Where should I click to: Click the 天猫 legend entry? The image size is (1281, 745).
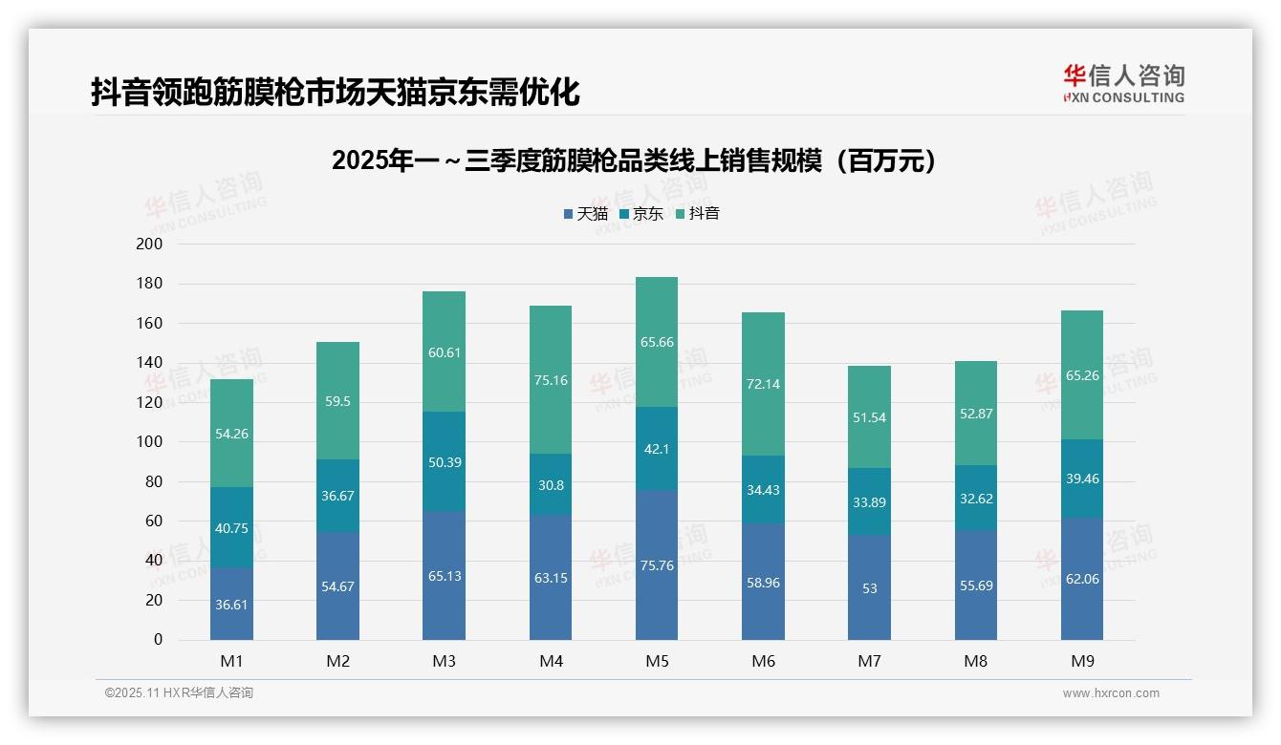(586, 214)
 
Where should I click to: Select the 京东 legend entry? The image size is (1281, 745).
(641, 214)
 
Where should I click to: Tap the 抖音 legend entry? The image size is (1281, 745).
(698, 214)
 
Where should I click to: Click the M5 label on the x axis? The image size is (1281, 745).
(656, 661)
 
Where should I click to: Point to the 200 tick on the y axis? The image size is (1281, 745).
(150, 245)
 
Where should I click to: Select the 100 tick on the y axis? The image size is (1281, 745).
(150, 442)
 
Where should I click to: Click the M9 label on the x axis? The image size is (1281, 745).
(1081, 661)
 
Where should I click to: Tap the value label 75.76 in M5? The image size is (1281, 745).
(656, 565)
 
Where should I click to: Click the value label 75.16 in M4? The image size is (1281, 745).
(550, 380)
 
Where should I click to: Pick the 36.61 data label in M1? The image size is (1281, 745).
(231, 605)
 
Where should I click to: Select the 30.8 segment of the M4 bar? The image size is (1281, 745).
(550, 485)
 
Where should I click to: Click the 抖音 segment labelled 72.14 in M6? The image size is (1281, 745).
(763, 384)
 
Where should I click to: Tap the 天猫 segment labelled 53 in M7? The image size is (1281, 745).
(869, 588)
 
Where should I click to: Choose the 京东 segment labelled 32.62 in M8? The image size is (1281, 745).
(975, 498)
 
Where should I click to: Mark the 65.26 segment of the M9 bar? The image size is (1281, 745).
(1081, 375)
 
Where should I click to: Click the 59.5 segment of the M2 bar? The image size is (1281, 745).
(337, 401)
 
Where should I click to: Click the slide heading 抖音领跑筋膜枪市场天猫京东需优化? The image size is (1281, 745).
(336, 93)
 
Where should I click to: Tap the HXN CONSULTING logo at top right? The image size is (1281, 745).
(1123, 84)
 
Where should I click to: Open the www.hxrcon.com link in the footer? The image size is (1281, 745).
(1110, 693)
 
